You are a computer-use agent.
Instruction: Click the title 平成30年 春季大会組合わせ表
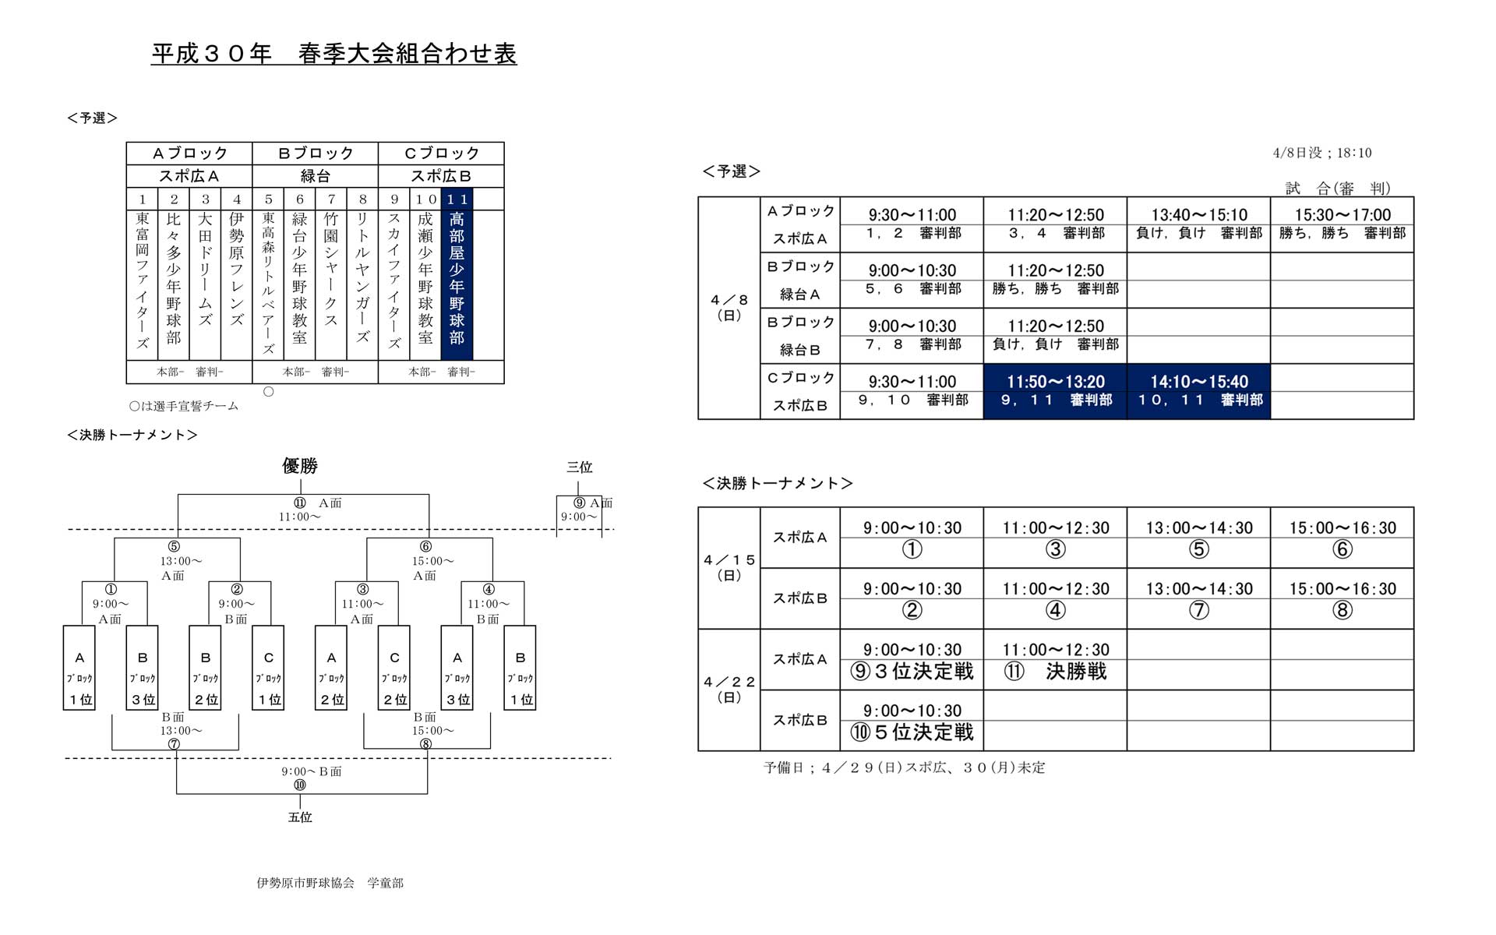333,54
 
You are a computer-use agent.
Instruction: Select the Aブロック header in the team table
189,153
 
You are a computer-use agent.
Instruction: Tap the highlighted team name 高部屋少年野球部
457,278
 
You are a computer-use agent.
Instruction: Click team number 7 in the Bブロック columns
331,199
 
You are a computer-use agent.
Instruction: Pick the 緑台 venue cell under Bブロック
315,176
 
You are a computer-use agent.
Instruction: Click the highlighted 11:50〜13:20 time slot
1055,382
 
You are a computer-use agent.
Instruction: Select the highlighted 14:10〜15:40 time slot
1198,382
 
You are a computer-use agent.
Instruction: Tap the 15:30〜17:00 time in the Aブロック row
1342,215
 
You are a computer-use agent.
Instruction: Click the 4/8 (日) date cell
729,308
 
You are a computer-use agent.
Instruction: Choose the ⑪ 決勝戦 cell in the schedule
1055,671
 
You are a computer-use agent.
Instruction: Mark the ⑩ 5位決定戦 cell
912,732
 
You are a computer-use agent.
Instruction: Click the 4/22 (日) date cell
729,690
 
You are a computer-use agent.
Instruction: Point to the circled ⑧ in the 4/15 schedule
1342,610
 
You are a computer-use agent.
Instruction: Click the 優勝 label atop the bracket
300,466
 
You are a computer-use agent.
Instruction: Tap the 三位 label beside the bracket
579,467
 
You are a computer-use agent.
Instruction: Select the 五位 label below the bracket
300,817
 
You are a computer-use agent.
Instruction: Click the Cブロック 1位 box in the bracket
268,668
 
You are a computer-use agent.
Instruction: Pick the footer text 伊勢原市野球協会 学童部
330,883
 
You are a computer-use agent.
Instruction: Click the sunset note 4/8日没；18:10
1321,153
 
